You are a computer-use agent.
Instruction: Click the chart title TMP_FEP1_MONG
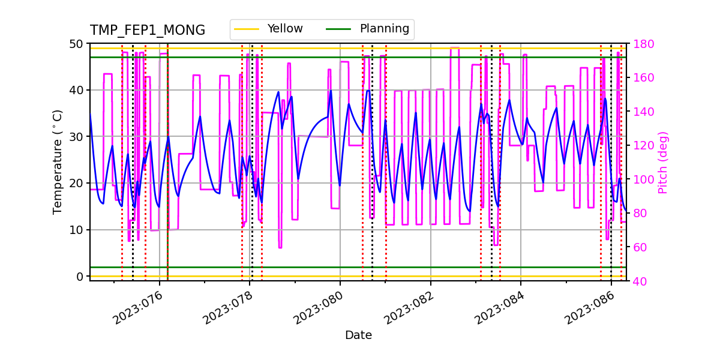[x=147, y=31]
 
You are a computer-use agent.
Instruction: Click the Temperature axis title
[x=58, y=161]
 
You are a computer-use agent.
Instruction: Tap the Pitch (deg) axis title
[x=662, y=162]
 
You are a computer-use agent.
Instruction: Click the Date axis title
[x=358, y=335]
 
